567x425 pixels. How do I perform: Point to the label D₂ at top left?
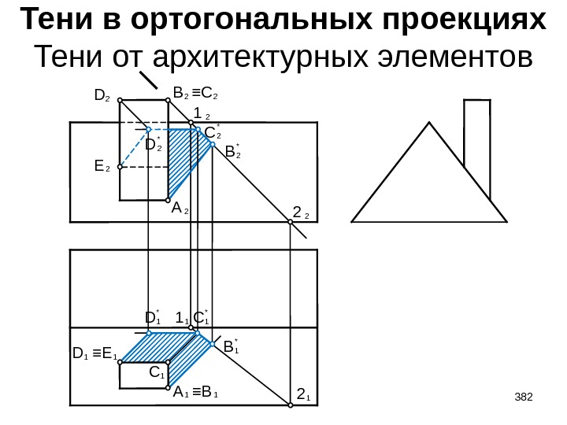tap(102, 96)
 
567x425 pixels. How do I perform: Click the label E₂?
tap(101, 167)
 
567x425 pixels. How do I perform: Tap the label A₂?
tap(180, 209)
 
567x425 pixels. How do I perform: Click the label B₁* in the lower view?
tap(230, 346)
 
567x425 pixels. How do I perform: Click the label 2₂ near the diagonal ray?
tap(302, 213)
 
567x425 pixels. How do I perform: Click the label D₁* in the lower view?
tap(153, 317)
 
